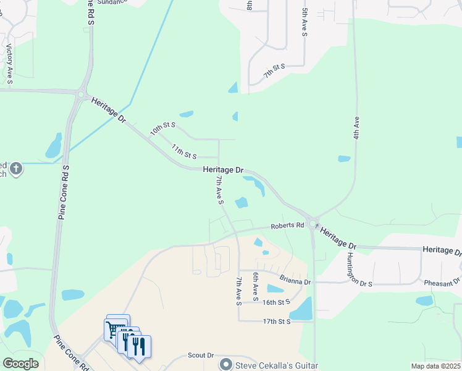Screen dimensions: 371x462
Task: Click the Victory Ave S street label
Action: point(9,60)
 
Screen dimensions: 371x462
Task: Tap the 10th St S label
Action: point(163,129)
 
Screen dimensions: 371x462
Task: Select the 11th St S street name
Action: point(183,150)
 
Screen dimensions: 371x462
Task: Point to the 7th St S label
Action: point(274,70)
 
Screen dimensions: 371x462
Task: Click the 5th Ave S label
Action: point(304,22)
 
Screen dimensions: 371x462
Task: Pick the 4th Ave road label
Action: point(356,127)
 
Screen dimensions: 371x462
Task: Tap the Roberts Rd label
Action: point(287,226)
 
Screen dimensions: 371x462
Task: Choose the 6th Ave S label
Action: point(254,283)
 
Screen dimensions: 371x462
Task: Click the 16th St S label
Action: point(275,302)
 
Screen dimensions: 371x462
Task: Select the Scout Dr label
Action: point(200,356)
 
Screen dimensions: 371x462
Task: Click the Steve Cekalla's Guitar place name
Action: point(276,365)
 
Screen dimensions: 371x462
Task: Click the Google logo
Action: point(20,364)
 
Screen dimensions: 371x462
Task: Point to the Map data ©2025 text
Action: point(435,366)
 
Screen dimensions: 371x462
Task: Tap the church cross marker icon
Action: point(16,168)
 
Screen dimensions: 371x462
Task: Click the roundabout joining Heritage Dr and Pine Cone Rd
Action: point(81,95)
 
